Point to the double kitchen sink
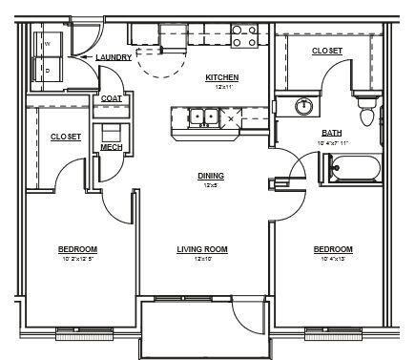pos(202,117)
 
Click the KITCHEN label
pos(222,77)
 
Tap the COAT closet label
pos(110,98)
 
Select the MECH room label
pos(111,147)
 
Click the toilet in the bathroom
pos(365,114)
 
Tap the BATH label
pos(332,133)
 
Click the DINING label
pos(210,176)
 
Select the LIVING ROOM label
pos(201,249)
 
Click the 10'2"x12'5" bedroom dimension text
pos(79,258)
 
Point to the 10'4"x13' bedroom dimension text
pos(333,258)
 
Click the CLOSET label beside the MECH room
pos(65,137)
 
